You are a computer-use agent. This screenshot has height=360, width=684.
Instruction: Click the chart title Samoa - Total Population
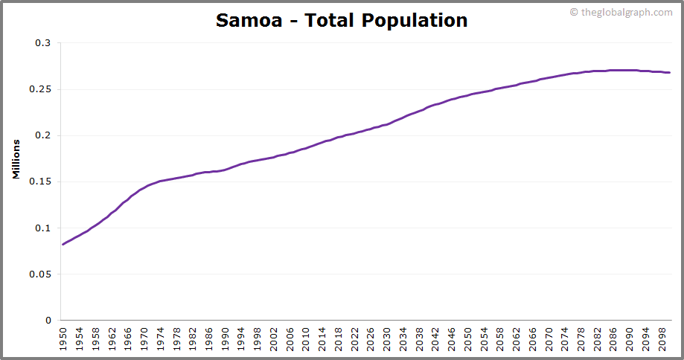point(342,20)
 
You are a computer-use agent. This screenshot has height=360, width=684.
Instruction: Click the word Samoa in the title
point(247,20)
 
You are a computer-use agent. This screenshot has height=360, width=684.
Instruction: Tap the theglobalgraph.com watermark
point(621,12)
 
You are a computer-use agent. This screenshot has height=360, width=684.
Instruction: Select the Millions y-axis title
point(16,158)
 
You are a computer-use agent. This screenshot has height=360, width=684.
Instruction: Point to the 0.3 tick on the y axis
point(42,43)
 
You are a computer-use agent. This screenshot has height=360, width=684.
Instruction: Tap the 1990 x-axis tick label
point(225,338)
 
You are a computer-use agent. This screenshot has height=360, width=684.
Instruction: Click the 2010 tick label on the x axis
point(306,338)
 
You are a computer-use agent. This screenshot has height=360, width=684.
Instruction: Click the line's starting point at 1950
point(63,244)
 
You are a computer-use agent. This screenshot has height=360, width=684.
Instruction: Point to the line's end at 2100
point(670,72)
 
